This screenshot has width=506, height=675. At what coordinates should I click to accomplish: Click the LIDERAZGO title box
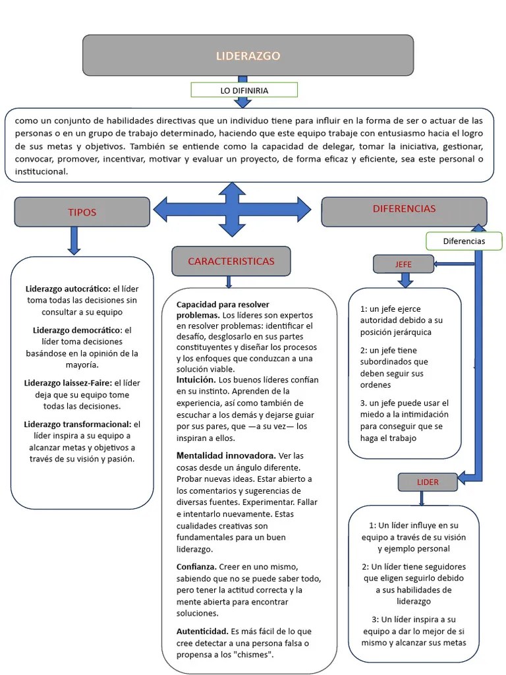pos(248,55)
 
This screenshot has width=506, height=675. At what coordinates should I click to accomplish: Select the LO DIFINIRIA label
pos(244,90)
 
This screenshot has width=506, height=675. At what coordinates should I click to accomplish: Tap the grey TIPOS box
pos(82,212)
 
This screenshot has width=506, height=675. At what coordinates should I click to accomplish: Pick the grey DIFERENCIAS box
pos(404,209)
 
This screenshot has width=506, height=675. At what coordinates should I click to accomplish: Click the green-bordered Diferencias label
pos(464,241)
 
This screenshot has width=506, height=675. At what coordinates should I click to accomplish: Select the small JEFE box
pos(403,264)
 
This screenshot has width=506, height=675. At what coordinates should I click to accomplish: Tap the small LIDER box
pos(427,482)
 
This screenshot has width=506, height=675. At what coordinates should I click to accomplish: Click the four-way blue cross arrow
pos(232,210)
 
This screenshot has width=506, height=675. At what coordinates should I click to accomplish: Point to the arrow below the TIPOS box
pos(74,241)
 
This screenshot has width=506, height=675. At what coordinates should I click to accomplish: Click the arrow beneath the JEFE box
pos(405,280)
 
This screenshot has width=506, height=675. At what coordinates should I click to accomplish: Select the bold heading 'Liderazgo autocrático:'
pos(68,289)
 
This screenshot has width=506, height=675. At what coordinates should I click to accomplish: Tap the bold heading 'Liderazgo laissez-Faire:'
pos(69,383)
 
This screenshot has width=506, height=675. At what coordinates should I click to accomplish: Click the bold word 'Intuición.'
pos(196,380)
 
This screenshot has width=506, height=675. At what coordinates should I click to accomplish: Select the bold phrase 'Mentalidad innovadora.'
pos(226,455)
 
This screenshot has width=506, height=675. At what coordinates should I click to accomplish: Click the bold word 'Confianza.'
pos(196,567)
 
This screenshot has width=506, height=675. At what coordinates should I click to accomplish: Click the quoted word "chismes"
pos(254,655)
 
